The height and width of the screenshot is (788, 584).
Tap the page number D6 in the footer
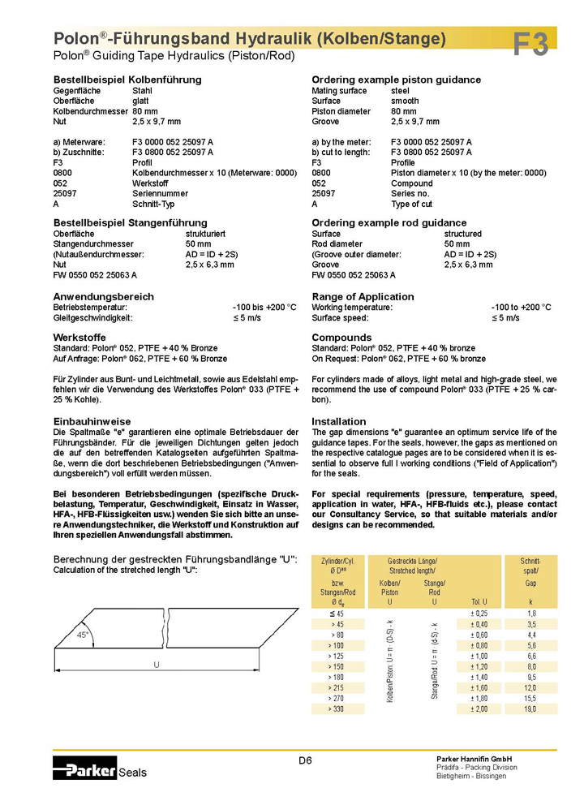305,760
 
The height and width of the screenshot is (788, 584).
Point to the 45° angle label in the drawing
83,635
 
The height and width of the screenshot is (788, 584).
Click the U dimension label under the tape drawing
157,665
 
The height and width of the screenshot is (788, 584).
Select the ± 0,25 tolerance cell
479,614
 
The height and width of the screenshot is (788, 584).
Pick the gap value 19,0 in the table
531,708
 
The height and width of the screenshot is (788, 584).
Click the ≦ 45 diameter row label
336,614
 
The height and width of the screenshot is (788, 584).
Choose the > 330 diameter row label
335,708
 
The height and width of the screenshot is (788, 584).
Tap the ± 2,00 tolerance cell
479,708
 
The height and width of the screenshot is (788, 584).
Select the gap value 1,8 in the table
531,614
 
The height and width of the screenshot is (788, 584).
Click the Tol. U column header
479,601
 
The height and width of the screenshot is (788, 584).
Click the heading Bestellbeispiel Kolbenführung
127,80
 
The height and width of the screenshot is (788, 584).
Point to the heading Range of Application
363,296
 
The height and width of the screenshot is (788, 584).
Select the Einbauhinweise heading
92,422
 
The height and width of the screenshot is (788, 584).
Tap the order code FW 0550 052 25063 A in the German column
95,275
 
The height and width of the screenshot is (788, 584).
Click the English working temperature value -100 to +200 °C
521,308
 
